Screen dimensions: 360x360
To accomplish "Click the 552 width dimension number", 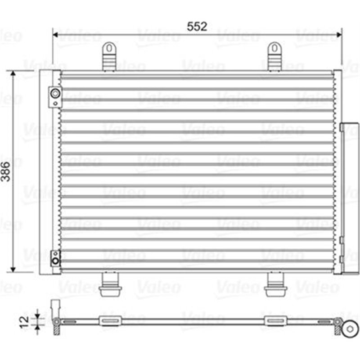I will [x=197, y=26].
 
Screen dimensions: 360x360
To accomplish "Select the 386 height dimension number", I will [x=6, y=172].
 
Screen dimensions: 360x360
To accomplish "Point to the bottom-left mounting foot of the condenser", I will [x=109, y=285].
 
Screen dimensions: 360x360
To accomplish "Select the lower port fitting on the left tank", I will [x=55, y=258].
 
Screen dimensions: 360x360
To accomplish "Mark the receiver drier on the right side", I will [x=349, y=198].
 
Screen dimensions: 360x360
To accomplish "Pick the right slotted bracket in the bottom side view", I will [x=275, y=321].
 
